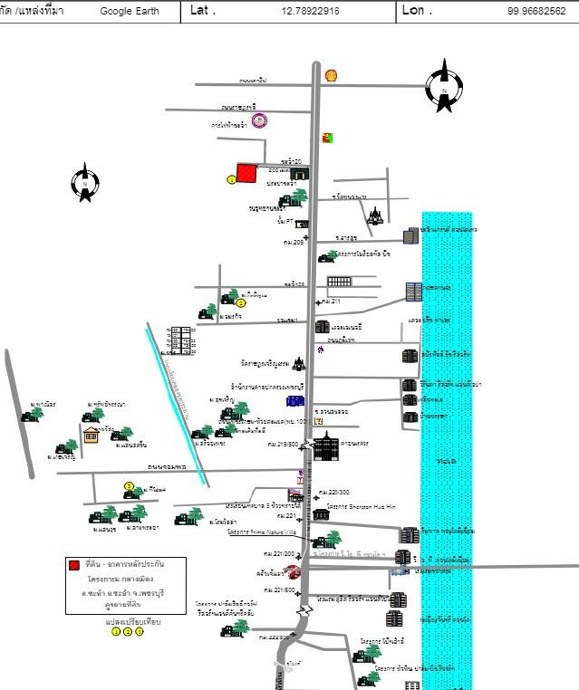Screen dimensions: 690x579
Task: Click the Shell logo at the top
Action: coord(332,75)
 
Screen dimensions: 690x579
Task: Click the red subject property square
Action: coord(246,173)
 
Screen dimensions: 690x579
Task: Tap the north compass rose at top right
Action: coord(444,85)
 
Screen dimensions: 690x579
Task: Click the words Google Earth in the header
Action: coord(129,11)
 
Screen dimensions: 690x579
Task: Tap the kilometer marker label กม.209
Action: coord(293,242)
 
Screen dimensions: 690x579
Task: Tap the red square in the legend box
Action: coord(73,565)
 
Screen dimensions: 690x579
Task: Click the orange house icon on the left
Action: coord(91,436)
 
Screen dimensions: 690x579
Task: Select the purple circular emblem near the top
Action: coord(260,120)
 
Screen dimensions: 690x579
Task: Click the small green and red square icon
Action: coord(328,138)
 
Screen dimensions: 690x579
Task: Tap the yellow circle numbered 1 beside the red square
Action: coord(231,180)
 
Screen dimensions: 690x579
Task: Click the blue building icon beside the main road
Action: coord(295,400)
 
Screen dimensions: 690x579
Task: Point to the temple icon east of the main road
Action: coord(374,216)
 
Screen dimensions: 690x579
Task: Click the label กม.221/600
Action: coord(278,590)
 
